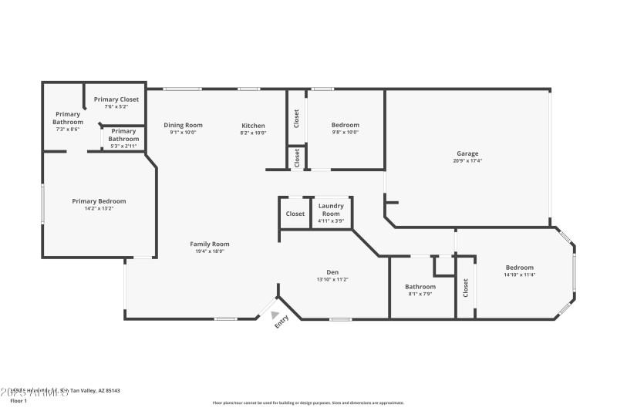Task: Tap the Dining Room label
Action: tap(183, 125)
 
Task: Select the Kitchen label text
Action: tap(253, 126)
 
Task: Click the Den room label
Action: tap(332, 272)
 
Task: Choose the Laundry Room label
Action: tap(330, 210)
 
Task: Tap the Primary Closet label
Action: tap(116, 99)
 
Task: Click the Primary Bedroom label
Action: tap(99, 201)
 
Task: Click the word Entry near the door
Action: tap(282, 322)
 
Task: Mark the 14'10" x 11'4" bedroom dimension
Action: tap(519, 275)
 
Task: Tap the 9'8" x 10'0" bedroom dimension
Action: tap(345, 132)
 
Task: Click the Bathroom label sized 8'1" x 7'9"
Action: tap(420, 287)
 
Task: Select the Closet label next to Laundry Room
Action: tap(295, 214)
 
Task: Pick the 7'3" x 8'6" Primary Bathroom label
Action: tap(68, 122)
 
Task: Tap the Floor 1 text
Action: tap(18, 401)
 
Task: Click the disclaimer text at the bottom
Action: tap(308, 403)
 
